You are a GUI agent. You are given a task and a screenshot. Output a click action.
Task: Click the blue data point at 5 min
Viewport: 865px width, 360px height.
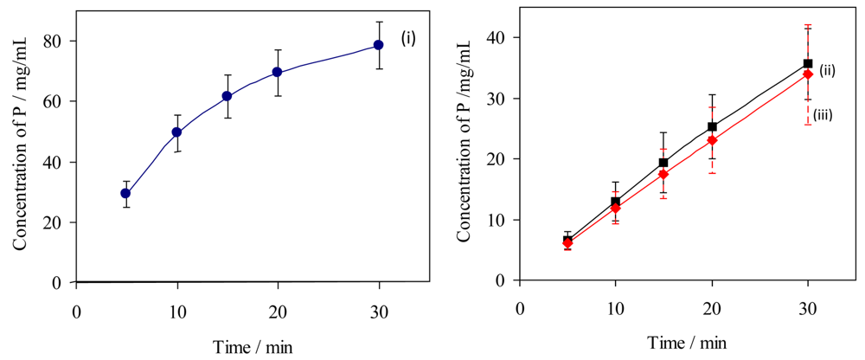pyautogui.click(x=125, y=194)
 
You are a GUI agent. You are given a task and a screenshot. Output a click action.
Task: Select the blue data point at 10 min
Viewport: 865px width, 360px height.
pyautogui.click(x=176, y=132)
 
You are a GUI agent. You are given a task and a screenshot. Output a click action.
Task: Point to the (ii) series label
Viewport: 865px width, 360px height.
pyautogui.click(x=826, y=71)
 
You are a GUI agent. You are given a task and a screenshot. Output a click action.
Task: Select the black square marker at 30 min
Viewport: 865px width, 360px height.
pyautogui.click(x=808, y=63)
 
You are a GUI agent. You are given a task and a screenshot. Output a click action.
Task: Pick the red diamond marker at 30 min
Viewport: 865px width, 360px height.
pyautogui.click(x=808, y=74)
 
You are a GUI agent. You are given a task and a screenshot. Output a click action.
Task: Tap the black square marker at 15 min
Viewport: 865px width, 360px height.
pyautogui.click(x=663, y=163)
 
